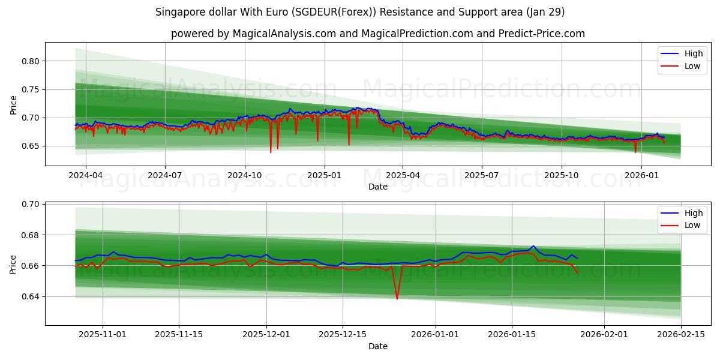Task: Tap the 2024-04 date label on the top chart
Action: coord(85,175)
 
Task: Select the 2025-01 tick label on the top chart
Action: coord(324,175)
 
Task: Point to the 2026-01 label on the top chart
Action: coord(641,175)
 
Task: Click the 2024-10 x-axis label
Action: coord(244,175)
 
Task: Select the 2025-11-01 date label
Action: coord(102,335)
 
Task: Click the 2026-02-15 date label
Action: coord(681,335)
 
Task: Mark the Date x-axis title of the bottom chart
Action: coord(378,346)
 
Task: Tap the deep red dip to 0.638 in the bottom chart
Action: coord(397,298)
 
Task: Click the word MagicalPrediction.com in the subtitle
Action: coord(412,34)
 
